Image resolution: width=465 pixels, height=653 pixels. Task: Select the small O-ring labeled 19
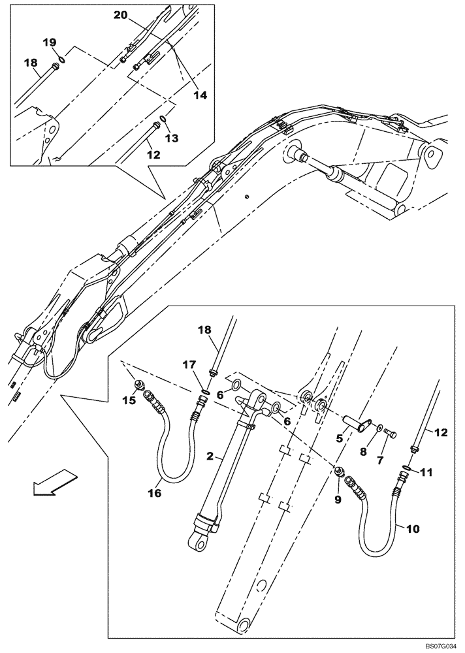tap(60, 58)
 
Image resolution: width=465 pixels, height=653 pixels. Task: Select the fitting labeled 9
tap(339, 472)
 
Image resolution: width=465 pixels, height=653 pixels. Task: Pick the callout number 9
tap(338, 500)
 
